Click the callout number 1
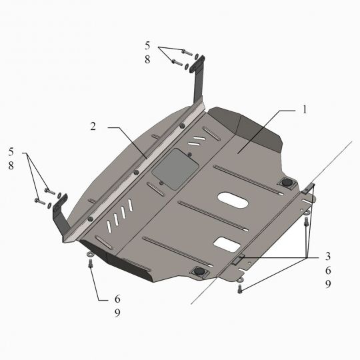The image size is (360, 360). tap(305, 109)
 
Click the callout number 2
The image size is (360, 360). tap(93, 126)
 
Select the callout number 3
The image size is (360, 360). tap(328, 256)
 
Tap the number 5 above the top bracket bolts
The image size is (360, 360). tap(147, 46)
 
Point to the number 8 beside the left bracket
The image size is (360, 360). tap(11, 165)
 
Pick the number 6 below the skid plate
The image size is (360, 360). tap(117, 299)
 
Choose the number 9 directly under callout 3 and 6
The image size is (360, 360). tap(328, 284)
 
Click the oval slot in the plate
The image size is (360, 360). tap(233, 200)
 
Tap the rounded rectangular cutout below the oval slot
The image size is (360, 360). tap(227, 245)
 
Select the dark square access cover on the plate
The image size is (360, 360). tap(175, 169)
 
